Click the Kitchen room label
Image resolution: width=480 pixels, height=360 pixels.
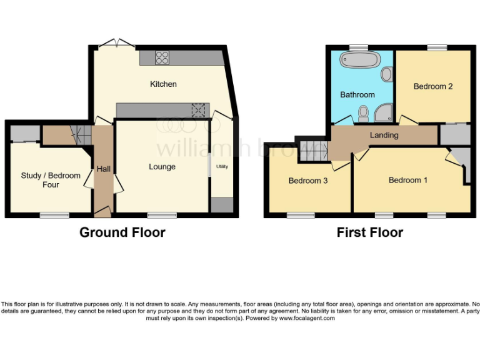click(163, 84)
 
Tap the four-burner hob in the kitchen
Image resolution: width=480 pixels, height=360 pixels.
click(162, 57)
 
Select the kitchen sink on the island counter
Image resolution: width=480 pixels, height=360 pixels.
click(199, 110)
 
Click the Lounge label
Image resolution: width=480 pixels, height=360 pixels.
click(162, 167)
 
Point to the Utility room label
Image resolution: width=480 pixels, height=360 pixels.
click(222, 167)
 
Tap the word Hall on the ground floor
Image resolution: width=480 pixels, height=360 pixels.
click(103, 169)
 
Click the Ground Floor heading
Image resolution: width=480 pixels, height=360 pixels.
click(122, 232)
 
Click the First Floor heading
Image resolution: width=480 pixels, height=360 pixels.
click(370, 232)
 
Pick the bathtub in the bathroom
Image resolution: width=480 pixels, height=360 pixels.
click(359, 61)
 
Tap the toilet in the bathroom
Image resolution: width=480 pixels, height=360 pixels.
click(363, 113)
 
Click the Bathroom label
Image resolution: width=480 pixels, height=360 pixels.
click(357, 95)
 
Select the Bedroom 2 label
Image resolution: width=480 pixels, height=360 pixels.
click(433, 87)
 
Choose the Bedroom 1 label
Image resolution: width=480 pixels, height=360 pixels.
click(408, 181)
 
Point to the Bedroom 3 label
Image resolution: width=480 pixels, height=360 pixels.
click(308, 181)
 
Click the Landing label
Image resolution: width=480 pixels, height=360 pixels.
click(384, 135)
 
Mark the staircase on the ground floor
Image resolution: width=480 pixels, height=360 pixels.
click(79, 132)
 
